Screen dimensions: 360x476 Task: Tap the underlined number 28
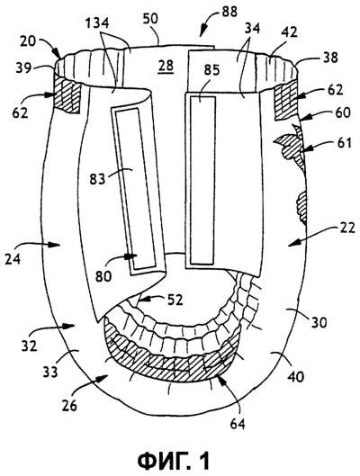[x=166, y=66]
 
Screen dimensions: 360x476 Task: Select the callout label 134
[x=97, y=23]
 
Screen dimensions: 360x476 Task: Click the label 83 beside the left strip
[x=97, y=179]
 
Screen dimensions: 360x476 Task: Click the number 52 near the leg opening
[x=175, y=300]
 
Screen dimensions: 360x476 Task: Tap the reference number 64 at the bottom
[x=237, y=424]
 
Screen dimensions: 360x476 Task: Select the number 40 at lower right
[x=294, y=376]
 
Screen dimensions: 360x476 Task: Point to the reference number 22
[x=346, y=228]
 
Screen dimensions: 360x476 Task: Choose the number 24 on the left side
[x=13, y=258]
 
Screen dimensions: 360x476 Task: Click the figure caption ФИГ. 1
[x=174, y=461]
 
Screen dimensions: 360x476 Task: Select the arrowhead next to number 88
[x=202, y=34]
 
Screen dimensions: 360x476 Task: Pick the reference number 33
[x=50, y=372]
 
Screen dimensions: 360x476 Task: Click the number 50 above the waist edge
[x=150, y=18]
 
